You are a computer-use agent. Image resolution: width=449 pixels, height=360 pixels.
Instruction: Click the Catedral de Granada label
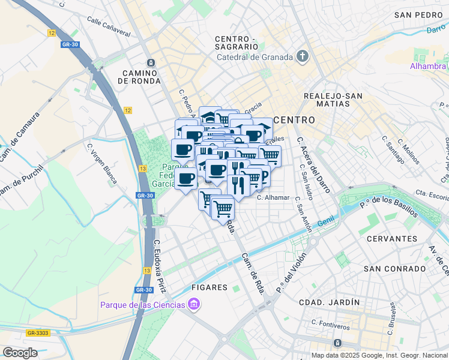[x=255, y=58]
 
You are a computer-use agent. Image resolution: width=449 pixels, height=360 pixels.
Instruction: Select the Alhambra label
[x=427, y=67]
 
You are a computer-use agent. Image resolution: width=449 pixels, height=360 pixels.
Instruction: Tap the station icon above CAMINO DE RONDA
[x=151, y=62]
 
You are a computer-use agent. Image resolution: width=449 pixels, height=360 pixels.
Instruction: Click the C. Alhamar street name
[x=273, y=197]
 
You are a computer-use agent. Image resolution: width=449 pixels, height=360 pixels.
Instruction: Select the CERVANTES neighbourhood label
[x=391, y=238]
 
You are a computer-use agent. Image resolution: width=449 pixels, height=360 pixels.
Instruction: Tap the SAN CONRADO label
[x=390, y=268]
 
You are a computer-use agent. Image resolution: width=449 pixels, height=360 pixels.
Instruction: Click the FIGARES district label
[x=209, y=287]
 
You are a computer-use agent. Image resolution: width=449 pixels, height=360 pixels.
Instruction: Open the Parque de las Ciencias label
[x=143, y=305]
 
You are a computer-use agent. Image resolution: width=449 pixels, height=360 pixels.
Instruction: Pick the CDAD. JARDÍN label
[x=330, y=302]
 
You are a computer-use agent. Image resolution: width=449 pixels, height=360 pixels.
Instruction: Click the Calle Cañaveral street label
[x=109, y=28]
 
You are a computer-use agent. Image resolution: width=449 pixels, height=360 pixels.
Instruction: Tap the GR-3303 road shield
[x=37, y=332]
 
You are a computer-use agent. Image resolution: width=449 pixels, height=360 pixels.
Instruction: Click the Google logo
[x=20, y=352]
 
